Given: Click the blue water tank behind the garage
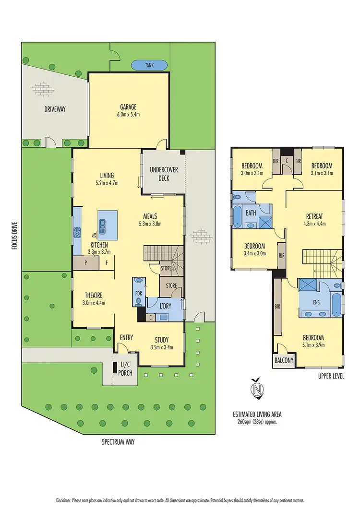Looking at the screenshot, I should pos(149,65).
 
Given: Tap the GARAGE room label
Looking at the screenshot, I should pos(128,107).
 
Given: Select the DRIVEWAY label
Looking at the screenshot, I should pos(55,109).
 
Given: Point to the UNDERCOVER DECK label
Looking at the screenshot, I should pos(163,174).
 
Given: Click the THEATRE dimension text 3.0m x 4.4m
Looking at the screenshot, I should pos(93,303).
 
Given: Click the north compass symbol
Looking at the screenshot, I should pos(258,389).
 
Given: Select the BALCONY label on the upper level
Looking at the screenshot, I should pos(284,361).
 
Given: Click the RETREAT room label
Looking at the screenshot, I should pos(314,215).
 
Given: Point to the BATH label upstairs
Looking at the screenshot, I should pos(251,212).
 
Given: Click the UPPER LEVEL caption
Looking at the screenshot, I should pos(331,376).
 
